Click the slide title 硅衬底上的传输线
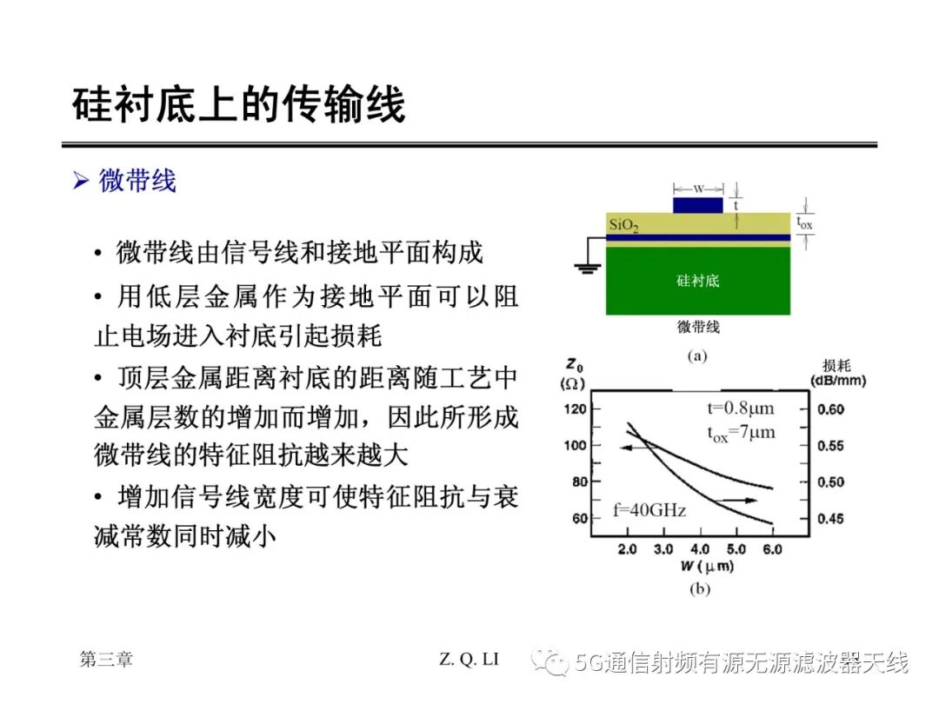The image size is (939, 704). coord(239,105)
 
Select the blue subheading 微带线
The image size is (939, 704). coord(137,180)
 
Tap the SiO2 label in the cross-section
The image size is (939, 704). coord(623,225)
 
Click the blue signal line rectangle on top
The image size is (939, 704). coord(697,205)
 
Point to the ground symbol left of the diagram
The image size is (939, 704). coord(587,268)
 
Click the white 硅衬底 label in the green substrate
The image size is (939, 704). coord(697,280)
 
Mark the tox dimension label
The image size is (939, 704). coord(804,223)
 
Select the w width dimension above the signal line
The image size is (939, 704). coord(698,189)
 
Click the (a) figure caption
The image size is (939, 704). coord(697,356)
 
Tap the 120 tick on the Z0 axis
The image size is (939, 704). coord(575,408)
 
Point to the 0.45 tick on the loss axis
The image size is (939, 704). coord(830,518)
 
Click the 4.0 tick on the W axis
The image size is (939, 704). coord(700,549)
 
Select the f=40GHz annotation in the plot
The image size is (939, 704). coord(649,510)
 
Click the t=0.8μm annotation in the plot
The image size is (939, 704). coord(740,408)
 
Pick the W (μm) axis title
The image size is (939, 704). coord(707,567)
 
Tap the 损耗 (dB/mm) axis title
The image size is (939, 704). coord(838,373)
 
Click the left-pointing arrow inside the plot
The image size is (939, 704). coord(636,448)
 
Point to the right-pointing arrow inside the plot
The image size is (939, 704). coord(736,500)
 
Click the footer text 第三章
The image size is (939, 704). coord(106,659)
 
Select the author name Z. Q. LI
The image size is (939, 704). coord(469,659)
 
